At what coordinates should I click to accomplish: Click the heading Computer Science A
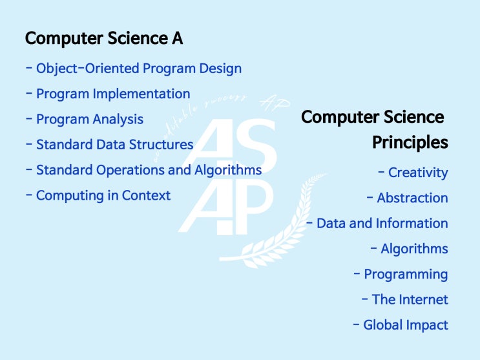(103, 39)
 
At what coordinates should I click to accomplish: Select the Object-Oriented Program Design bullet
(138, 68)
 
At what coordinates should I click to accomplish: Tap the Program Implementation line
(112, 94)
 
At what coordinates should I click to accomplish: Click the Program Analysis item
(89, 120)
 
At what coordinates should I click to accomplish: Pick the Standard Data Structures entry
(114, 145)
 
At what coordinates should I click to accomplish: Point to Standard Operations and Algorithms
(149, 170)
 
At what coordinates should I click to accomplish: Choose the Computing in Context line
(103, 195)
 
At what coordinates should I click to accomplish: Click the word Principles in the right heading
(410, 142)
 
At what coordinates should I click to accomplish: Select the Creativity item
(417, 173)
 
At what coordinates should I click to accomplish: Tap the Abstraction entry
(412, 198)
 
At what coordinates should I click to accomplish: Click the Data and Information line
(381, 224)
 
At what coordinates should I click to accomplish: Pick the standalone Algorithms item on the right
(413, 249)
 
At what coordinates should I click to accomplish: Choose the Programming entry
(405, 274)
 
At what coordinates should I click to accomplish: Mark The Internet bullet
(410, 299)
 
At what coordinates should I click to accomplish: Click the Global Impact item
(405, 325)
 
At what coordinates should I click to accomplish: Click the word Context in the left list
(147, 195)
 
